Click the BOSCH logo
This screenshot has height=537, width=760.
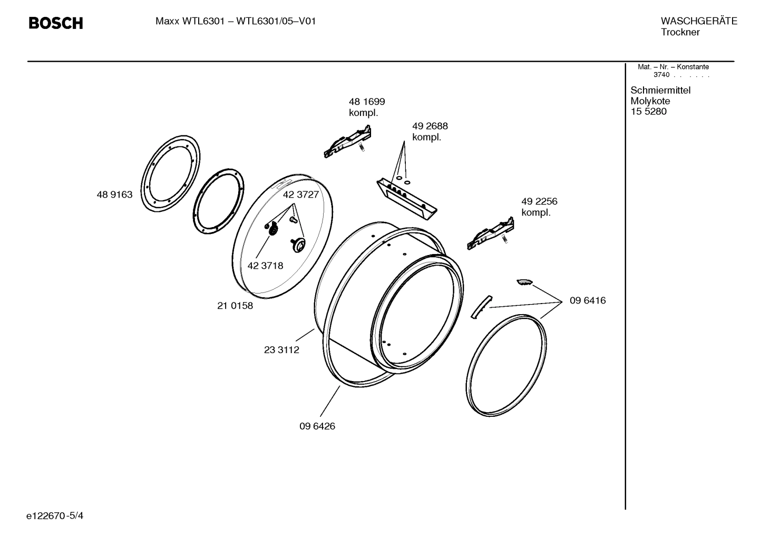coord(55,23)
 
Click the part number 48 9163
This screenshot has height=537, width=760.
coord(114,194)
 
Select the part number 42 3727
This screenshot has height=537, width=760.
coord(300,194)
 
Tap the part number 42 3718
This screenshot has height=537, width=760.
coord(265,266)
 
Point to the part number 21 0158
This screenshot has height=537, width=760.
coord(235,306)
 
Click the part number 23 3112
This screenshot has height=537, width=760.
coord(281,350)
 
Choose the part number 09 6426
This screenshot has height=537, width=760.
coord(317,426)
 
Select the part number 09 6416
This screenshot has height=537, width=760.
coord(588,300)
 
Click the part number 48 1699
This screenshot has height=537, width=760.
coord(367,102)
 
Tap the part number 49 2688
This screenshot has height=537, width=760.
coord(430,126)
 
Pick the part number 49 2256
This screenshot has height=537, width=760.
coord(539,201)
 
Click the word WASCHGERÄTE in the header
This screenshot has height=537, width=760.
coord(699,21)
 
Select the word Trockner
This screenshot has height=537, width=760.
coord(680,32)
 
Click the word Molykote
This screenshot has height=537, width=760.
coord(650,101)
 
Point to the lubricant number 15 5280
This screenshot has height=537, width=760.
coord(648,112)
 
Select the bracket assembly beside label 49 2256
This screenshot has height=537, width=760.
coord(491,233)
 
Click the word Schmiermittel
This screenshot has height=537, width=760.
coord(660,90)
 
